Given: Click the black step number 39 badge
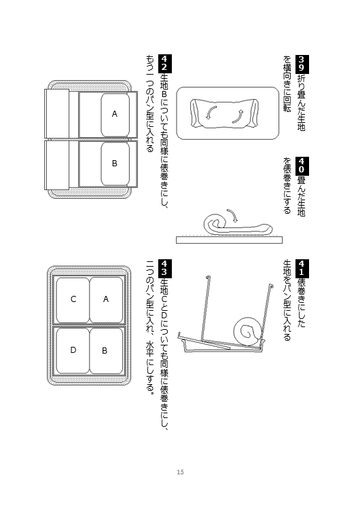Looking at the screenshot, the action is (x=302, y=64).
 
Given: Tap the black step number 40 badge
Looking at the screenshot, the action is (x=302, y=166).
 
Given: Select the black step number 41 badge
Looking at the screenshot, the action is (x=302, y=269).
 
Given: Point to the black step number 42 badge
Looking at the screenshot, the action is (x=165, y=64).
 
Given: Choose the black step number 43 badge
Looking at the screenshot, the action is (x=165, y=269).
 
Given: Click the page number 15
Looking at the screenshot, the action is (x=180, y=472).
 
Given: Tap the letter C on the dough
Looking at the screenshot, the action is (x=73, y=299).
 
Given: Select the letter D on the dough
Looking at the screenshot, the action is (x=73, y=350).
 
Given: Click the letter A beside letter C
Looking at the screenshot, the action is (x=105, y=299).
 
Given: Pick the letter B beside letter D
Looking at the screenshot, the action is (x=105, y=351).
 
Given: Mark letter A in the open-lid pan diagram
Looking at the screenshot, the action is (x=114, y=114).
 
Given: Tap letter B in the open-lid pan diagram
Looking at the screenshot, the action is (x=114, y=164).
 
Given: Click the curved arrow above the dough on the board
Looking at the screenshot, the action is (x=233, y=214).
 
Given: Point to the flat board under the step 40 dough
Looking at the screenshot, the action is (x=229, y=240).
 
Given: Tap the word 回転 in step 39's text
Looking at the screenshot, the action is (x=287, y=105).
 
